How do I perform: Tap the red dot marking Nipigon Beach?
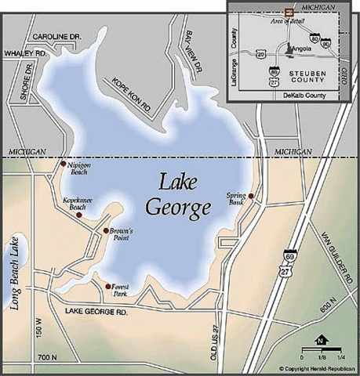[64, 164]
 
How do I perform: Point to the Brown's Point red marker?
[105, 231]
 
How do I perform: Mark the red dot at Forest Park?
[107, 286]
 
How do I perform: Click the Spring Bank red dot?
[251, 195]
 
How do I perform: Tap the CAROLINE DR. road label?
[56, 37]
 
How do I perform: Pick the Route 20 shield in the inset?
[261, 53]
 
